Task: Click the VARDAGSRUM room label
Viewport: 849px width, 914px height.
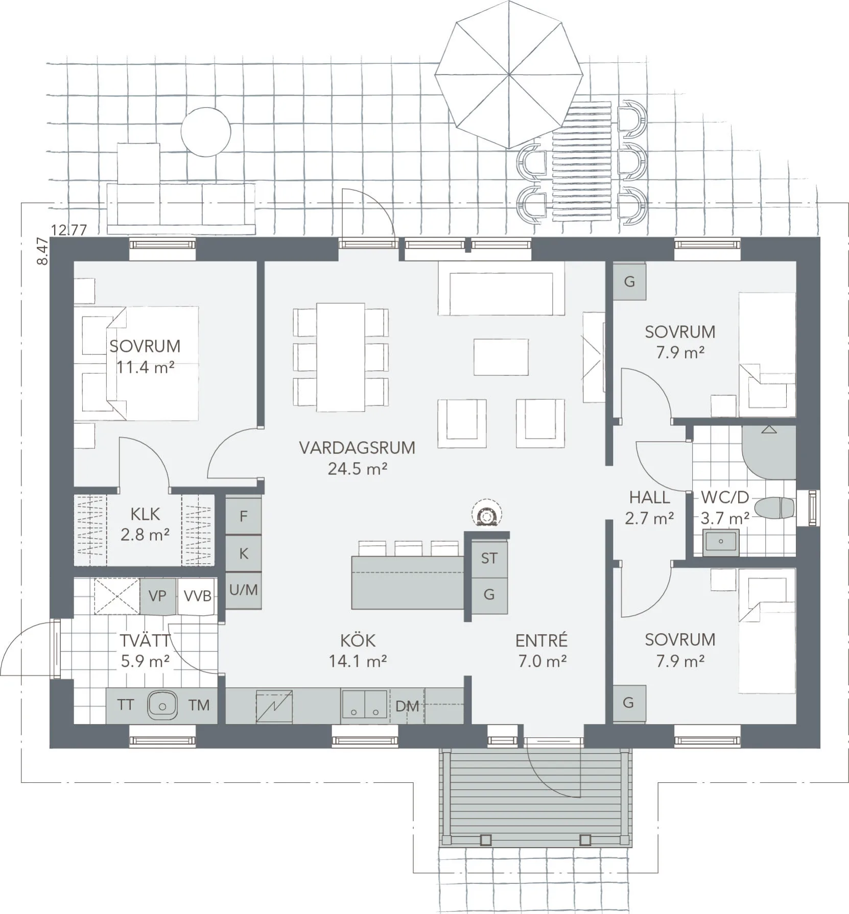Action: (357, 448)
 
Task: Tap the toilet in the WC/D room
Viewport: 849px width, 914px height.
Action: (774, 508)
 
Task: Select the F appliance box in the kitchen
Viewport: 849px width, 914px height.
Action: (244, 516)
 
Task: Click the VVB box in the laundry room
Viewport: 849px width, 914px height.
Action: (197, 595)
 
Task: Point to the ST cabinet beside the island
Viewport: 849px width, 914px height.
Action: (489, 558)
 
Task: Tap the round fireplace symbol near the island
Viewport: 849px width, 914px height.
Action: (486, 515)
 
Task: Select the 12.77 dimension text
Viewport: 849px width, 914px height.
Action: (69, 230)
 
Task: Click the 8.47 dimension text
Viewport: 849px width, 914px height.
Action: (43, 251)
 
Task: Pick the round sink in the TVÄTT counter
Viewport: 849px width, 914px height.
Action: (162, 705)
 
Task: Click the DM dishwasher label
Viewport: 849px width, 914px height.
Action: (407, 706)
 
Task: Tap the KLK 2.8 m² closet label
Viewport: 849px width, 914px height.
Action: (145, 524)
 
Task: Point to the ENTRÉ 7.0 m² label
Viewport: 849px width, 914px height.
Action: (541, 651)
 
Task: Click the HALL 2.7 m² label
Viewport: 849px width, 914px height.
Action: (649, 508)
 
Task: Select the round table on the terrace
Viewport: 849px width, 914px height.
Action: (206, 132)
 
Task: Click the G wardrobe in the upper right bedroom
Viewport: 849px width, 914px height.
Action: (629, 281)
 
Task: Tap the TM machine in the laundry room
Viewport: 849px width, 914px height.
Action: (199, 705)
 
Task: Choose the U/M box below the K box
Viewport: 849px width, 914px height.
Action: (244, 590)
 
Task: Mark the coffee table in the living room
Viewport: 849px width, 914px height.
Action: (501, 357)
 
